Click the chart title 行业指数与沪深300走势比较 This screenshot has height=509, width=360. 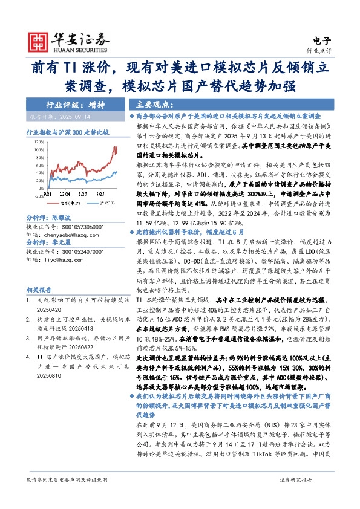[x=68, y=132]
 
